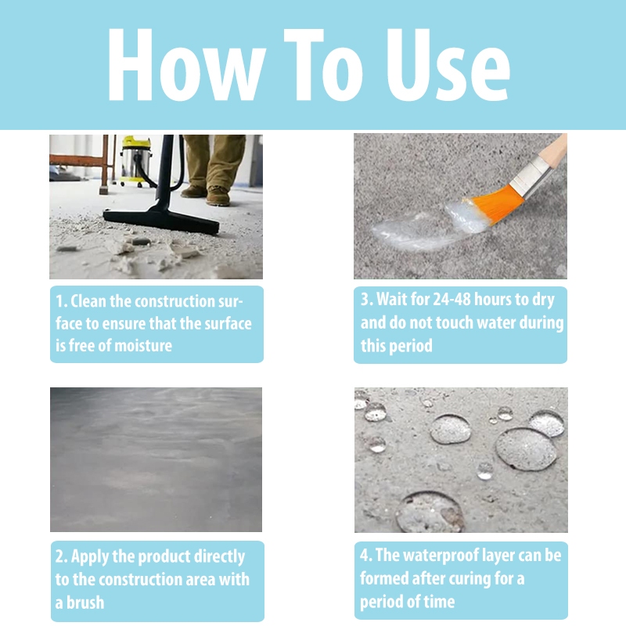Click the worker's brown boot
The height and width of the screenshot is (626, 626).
218,196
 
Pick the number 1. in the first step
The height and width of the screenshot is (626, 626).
62,301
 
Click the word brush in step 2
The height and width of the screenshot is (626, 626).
85,603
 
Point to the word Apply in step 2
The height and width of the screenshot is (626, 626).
90,557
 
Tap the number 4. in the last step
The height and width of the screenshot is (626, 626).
365,556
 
